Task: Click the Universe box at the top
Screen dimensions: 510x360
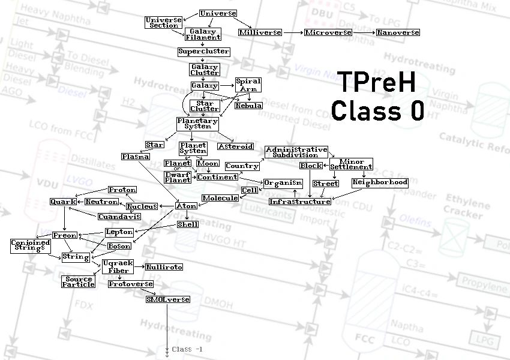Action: pyautogui.click(x=218, y=13)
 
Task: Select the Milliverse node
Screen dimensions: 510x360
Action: pyautogui.click(x=260, y=32)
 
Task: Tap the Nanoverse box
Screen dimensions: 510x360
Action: pyautogui.click(x=398, y=32)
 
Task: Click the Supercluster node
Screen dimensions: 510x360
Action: pyautogui.click(x=203, y=52)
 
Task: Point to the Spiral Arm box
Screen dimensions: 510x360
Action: pyautogui.click(x=248, y=85)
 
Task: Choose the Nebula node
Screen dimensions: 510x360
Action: pyautogui.click(x=248, y=106)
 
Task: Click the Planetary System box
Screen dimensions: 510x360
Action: pyautogui.click(x=197, y=124)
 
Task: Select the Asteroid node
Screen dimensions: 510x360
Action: pyautogui.click(x=235, y=146)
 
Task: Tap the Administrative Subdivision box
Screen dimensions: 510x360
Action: pyautogui.click(x=296, y=152)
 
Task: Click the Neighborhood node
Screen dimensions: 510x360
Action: pyautogui.click(x=380, y=182)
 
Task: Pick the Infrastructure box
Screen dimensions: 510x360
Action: pyautogui.click(x=299, y=202)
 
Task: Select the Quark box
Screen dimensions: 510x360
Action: pyautogui.click(x=63, y=202)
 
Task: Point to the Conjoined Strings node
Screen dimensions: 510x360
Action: pyautogui.click(x=30, y=245)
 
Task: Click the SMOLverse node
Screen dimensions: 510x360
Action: pyautogui.click(x=167, y=299)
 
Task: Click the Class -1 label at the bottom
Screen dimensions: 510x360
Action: pyautogui.click(x=187, y=349)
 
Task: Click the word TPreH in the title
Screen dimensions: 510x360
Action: pyautogui.click(x=376, y=82)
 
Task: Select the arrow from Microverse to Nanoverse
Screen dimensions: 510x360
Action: pyautogui.click(x=364, y=32)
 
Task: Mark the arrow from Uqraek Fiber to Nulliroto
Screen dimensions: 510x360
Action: pyautogui.click(x=139, y=266)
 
